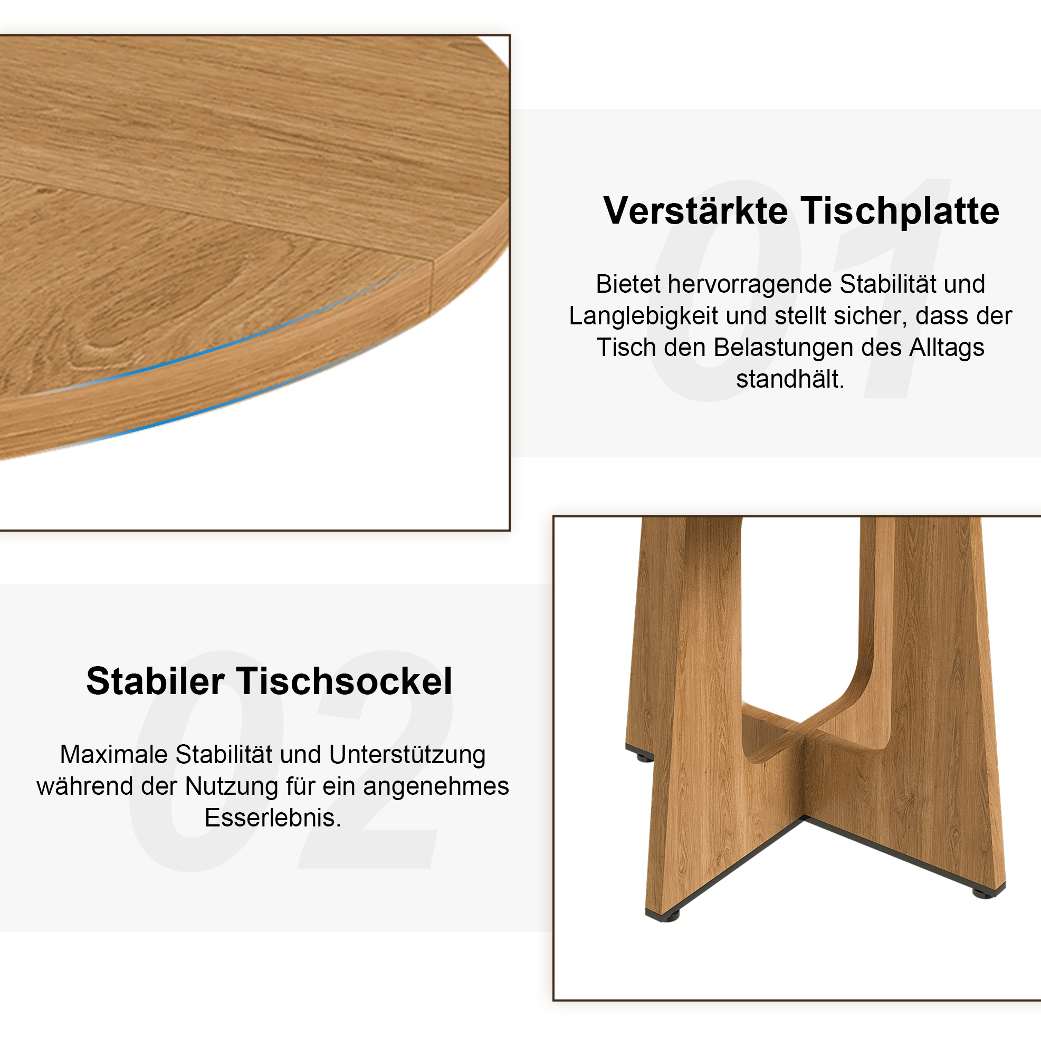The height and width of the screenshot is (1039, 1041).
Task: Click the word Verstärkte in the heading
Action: [695, 210]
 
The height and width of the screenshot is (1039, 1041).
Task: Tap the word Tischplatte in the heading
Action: [900, 210]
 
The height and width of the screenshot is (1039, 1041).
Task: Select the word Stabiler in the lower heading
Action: [155, 681]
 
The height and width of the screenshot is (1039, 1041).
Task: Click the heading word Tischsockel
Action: [346, 681]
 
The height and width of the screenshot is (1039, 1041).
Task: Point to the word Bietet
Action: [628, 284]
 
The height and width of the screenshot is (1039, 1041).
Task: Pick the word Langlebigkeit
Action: [643, 316]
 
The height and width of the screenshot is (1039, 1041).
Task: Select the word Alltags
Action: [947, 348]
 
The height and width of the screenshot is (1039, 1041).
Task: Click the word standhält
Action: [790, 379]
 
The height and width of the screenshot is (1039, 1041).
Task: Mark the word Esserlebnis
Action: [273, 818]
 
